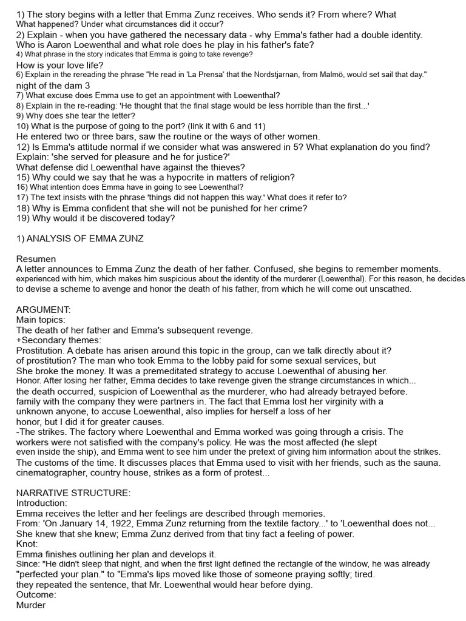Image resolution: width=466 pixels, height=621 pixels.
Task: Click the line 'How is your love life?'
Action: click(59, 65)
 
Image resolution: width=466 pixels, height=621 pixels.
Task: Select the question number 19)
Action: click(25, 218)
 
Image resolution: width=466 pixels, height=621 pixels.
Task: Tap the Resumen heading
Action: click(36, 259)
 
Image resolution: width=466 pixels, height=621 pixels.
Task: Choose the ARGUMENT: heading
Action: click(44, 310)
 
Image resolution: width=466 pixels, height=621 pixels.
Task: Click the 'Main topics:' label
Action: click(41, 320)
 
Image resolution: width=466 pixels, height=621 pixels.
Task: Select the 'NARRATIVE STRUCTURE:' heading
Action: click(73, 493)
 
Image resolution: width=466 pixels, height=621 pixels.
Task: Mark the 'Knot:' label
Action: click(27, 544)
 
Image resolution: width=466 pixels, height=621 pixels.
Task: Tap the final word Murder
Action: click(31, 605)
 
